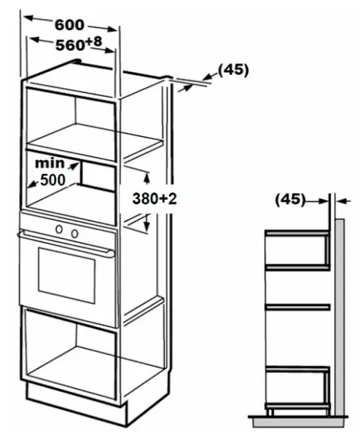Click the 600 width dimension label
69,25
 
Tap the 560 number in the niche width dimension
70,45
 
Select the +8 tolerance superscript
93,42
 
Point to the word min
50,163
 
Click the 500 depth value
53,180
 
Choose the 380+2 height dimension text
154,199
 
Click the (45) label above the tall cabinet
233,70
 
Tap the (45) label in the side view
290,199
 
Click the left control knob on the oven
59,229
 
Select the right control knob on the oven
74,233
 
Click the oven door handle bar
66,243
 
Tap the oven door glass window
66,275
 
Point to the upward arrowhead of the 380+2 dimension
146,178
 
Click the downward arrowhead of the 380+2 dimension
146,226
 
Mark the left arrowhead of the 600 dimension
29,18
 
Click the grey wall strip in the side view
340,317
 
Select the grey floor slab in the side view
298,423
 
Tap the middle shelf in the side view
297,307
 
